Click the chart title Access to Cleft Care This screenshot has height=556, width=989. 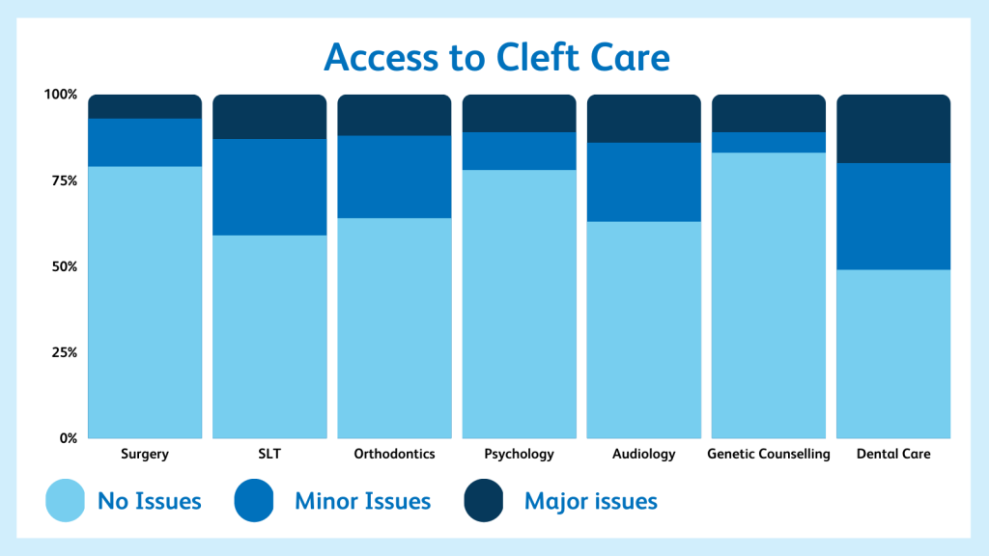coord(496,57)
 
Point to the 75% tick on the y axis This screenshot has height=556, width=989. coord(64,181)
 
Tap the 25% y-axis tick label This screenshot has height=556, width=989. coord(64,352)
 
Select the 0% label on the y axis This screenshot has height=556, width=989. coord(69,438)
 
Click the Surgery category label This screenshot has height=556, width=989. coord(145,454)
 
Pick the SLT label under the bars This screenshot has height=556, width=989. coord(269,454)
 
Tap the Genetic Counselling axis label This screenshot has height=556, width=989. coord(768,454)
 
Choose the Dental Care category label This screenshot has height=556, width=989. coord(893,454)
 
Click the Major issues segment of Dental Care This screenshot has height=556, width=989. coord(893,129)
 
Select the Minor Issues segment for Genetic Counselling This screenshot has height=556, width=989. coord(768,143)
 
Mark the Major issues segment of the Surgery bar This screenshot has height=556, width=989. coord(145,106)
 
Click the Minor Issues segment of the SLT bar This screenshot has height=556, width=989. coord(269,187)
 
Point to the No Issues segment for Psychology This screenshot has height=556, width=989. coord(519,304)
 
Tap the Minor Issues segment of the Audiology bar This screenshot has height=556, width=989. coord(643,182)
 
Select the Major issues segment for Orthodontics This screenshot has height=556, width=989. coord(394,116)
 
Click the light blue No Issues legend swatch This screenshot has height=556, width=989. coord(65,501)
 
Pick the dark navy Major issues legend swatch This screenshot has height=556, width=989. coord(484,501)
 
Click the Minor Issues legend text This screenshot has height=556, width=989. coord(363,501)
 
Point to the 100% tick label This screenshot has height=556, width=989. coord(61,95)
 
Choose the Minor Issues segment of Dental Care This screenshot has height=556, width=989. coord(893,216)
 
